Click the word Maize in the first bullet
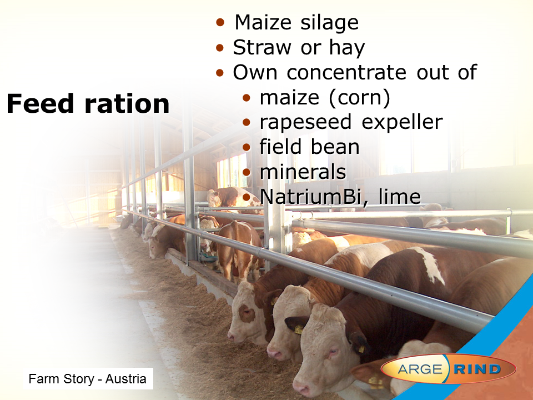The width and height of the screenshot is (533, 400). tap(263, 22)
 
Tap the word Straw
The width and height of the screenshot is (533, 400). tap(263, 47)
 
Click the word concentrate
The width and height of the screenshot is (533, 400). tap(346, 72)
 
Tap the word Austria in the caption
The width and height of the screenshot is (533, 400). tap(126, 378)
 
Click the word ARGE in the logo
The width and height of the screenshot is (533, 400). tap(420, 369)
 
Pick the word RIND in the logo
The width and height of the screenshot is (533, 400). tap(477, 369)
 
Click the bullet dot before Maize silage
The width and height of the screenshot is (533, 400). tap(220, 22)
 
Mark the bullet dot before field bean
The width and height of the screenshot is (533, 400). tap(247, 147)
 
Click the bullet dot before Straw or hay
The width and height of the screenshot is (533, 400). tap(220, 47)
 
